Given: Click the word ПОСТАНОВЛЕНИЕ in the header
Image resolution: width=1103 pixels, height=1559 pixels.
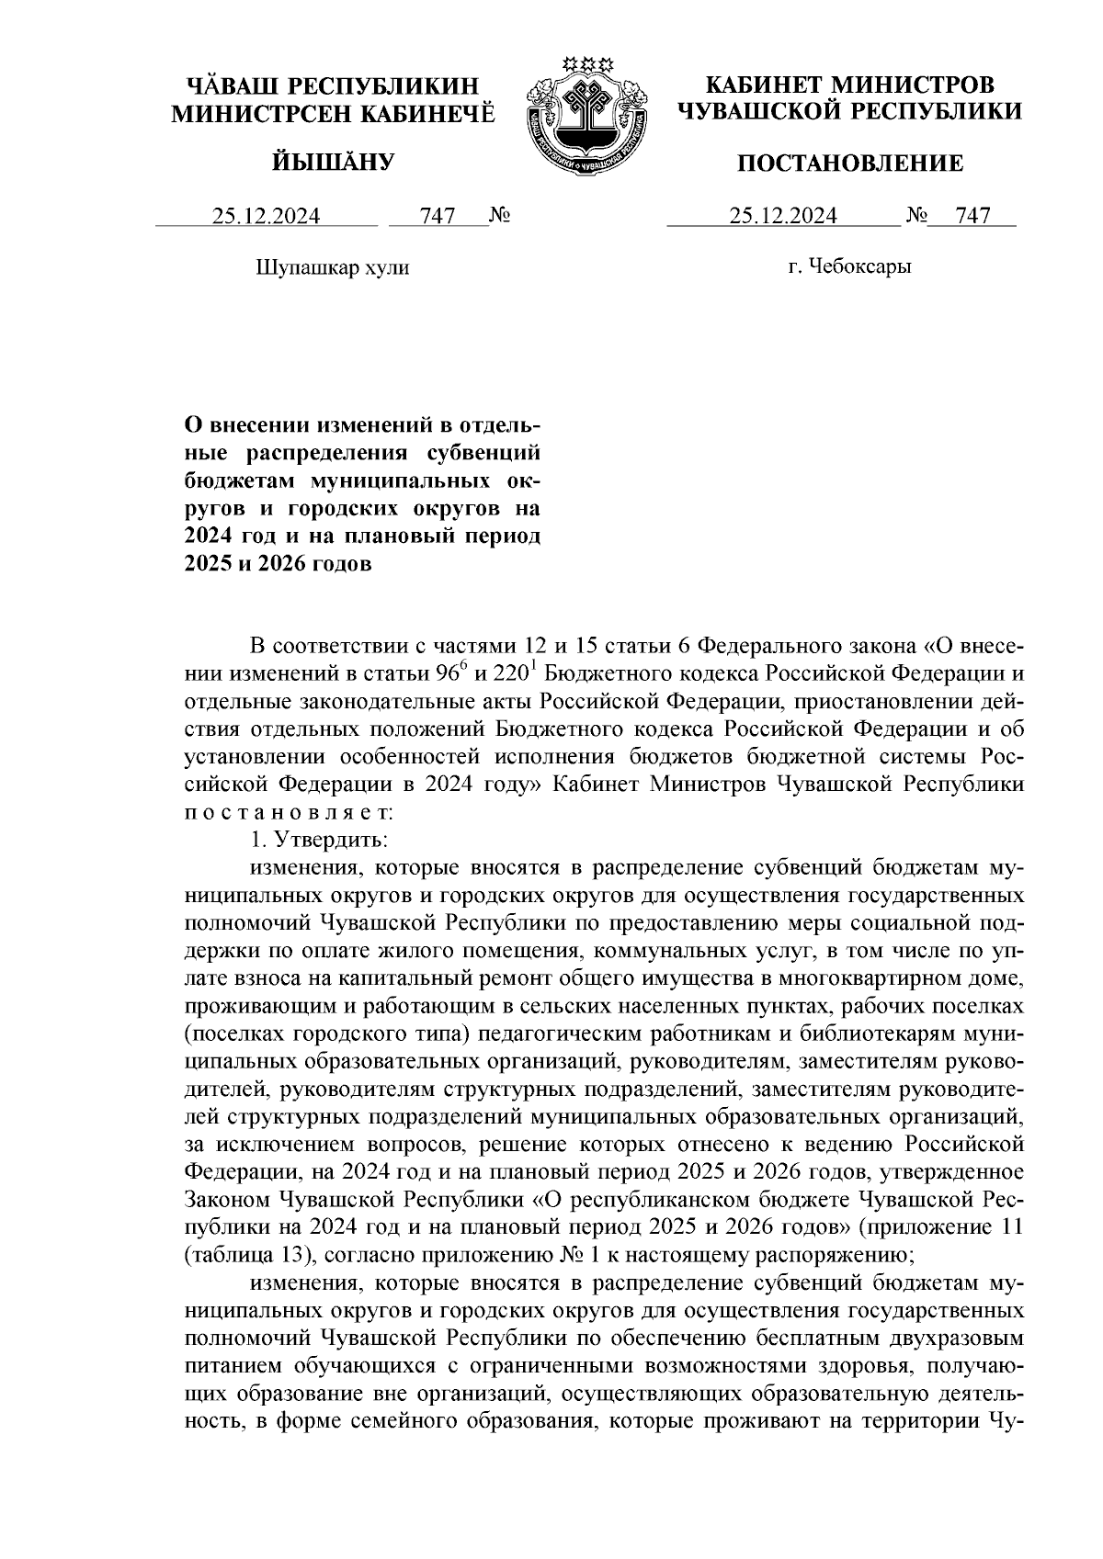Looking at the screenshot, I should pos(851,164).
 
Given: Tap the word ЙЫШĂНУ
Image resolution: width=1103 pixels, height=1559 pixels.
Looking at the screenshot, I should pos(334,164).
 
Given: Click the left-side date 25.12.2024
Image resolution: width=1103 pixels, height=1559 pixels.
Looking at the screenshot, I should pos(267,217).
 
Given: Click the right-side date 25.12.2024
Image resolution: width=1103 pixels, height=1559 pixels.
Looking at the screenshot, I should pos(783,217).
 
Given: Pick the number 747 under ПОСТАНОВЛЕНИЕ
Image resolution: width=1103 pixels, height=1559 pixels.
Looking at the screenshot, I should pos(972,217).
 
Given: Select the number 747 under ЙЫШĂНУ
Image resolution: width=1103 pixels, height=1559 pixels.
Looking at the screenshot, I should pos(438,217).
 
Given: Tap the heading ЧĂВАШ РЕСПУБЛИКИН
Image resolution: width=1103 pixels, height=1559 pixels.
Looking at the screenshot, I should pos(334,86).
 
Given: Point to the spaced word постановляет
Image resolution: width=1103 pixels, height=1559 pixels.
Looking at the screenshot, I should pos(289,813).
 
